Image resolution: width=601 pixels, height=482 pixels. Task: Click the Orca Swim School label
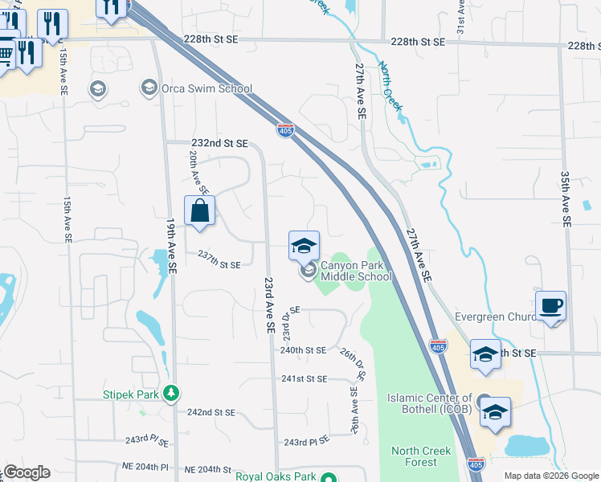[x=207, y=88]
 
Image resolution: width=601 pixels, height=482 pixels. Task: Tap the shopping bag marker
[x=200, y=213]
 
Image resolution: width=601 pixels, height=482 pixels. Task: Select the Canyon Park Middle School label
[x=356, y=271]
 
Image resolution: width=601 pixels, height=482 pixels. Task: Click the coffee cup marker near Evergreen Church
[x=550, y=306]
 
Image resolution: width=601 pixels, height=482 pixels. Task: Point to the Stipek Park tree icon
[x=170, y=394]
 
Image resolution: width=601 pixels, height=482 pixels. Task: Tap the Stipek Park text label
[x=132, y=394]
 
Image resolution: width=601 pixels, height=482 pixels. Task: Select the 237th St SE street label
[x=219, y=264]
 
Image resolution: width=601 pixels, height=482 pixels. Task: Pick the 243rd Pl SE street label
[x=306, y=441]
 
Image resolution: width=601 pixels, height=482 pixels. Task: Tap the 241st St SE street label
[x=304, y=378]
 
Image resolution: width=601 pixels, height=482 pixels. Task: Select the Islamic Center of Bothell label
[x=430, y=403]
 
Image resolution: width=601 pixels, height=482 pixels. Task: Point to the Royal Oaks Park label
[x=274, y=476]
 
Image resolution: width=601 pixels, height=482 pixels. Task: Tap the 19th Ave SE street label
[x=171, y=246]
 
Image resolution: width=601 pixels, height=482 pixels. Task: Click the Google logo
[x=26, y=472]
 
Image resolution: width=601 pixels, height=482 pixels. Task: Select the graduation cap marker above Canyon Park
[x=304, y=246]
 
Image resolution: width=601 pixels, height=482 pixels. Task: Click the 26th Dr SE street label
[x=352, y=363]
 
